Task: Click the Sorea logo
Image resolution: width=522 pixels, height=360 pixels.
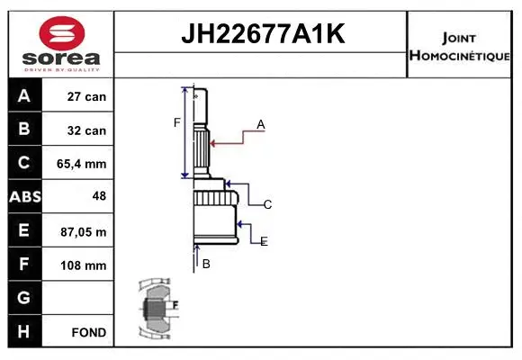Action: (61, 44)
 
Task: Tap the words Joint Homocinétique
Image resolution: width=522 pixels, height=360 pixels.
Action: (460, 45)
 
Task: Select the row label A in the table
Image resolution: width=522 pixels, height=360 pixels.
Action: (24, 95)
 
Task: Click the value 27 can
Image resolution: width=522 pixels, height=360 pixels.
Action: (87, 96)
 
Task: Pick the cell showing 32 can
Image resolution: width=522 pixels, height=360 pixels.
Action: (87, 130)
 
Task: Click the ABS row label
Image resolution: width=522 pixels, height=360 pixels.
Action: (24, 197)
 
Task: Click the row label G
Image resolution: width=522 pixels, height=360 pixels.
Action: (24, 298)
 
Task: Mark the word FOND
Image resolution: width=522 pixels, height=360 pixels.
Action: (89, 332)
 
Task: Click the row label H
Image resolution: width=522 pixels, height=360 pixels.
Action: (24, 331)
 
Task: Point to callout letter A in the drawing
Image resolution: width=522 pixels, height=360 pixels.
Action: (261, 125)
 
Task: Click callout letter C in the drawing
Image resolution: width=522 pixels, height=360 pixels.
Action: (267, 204)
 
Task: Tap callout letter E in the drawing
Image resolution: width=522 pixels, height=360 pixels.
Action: (264, 241)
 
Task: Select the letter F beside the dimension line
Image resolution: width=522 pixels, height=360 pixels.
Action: (177, 122)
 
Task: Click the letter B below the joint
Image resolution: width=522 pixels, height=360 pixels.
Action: (206, 264)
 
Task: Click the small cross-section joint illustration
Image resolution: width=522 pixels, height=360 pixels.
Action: (158, 309)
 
